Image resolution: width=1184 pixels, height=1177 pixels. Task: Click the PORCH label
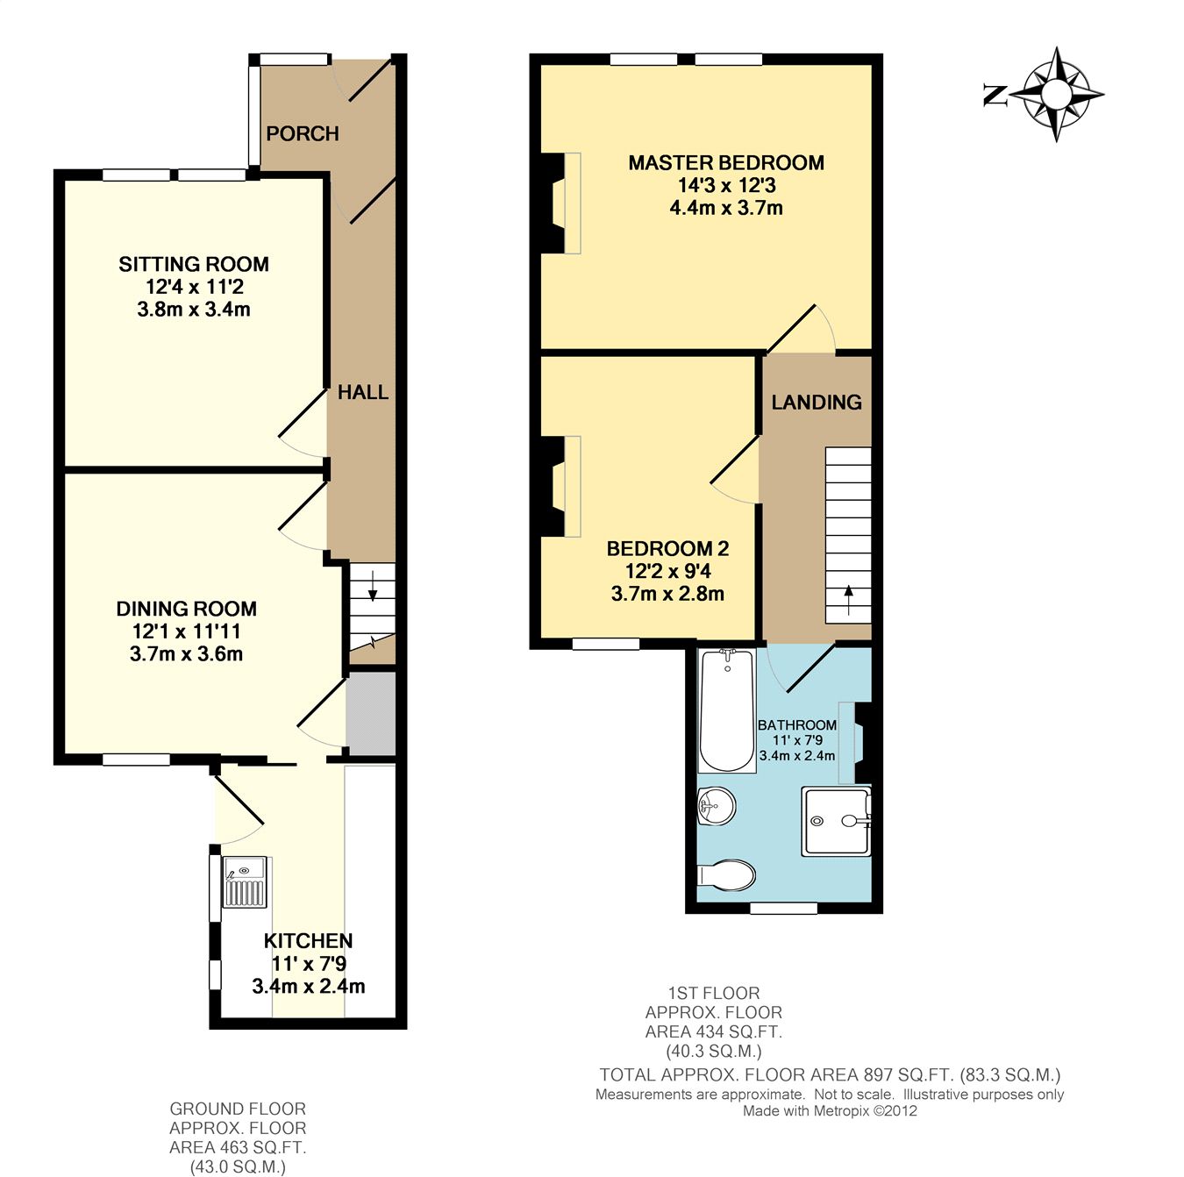click(303, 133)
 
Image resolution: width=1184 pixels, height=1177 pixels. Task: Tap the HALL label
click(362, 392)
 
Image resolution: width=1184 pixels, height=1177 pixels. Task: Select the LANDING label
click(817, 402)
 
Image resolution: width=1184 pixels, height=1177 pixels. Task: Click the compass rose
click(1057, 94)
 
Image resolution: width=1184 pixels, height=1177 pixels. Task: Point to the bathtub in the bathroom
click(727, 710)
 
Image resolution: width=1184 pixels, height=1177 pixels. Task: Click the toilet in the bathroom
click(725, 875)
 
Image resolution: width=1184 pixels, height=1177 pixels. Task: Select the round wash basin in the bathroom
click(716, 806)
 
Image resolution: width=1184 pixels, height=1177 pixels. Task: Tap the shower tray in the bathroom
click(836, 821)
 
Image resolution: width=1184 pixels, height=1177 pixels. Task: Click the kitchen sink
click(246, 882)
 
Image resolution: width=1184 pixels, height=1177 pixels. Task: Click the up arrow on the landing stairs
click(848, 600)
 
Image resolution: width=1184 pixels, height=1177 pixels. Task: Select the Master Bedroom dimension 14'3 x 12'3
click(727, 185)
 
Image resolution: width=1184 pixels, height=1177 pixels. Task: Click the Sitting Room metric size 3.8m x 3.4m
click(194, 309)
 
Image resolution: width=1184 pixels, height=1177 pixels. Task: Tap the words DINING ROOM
click(186, 609)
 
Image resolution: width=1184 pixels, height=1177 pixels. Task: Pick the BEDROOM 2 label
click(668, 548)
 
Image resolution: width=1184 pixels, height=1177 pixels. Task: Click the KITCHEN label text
click(309, 941)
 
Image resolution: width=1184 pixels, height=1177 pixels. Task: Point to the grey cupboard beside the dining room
click(370, 714)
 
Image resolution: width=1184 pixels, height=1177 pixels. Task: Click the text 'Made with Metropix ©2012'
click(830, 1110)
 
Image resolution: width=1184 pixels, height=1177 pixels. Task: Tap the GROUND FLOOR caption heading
click(238, 1109)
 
